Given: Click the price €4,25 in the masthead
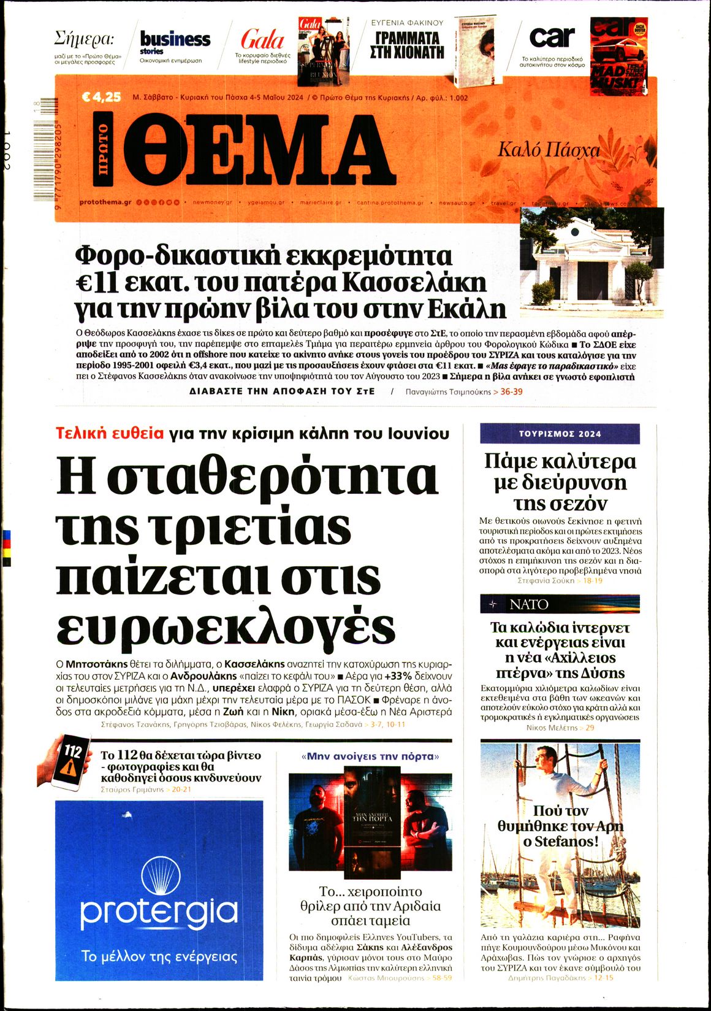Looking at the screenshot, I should pos(101,97).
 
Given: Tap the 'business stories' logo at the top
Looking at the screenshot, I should pos(175,41).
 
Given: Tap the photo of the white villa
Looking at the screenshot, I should pos(591,263).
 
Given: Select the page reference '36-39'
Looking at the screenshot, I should pos(511,391).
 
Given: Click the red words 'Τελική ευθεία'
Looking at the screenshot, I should pos(110,434).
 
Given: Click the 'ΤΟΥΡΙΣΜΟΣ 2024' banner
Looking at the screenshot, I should pos(560,434).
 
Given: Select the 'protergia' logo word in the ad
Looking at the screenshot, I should pos(158,910).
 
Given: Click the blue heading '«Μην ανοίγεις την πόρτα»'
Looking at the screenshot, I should pos(370,756).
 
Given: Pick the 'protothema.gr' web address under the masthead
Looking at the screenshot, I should pos(105,202).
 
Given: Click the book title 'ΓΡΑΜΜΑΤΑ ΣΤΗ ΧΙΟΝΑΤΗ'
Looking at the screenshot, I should pos(406,45).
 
